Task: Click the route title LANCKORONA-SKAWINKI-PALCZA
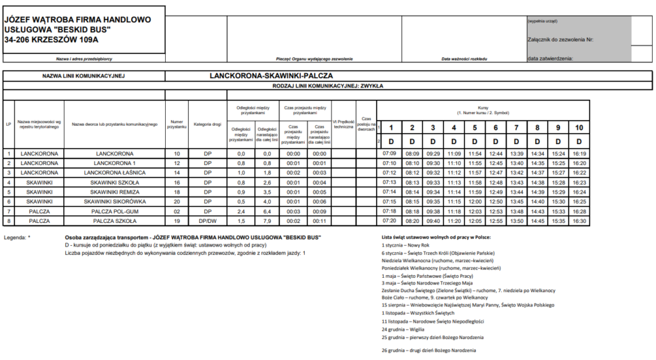point(271,75)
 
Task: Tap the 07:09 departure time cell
point(390,154)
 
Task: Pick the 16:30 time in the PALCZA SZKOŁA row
point(579,221)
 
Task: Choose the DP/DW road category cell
point(208,221)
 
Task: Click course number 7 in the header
point(516,128)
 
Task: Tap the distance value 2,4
point(241,211)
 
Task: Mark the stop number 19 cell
point(177,221)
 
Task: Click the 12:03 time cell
point(475,211)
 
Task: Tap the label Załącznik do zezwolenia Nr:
point(561,40)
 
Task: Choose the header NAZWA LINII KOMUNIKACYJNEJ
point(84,76)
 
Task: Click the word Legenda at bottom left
point(15,238)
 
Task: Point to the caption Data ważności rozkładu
point(464,59)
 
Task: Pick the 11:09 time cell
point(454,154)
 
